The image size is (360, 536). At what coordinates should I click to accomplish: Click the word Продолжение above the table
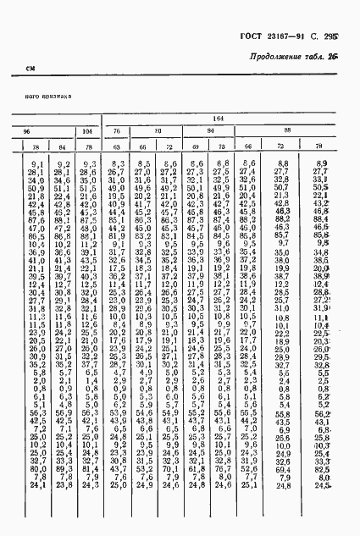(277, 57)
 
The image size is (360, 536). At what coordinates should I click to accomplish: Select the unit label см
(30, 69)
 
